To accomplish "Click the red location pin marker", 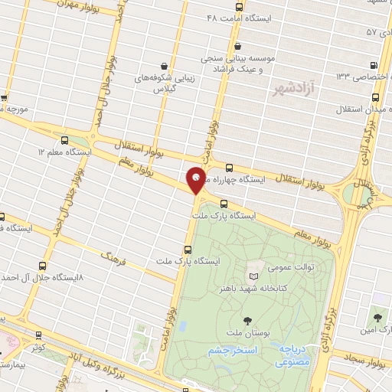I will [x=197, y=181].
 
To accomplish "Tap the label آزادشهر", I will [x=300, y=90].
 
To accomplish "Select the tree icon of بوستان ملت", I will [x=247, y=320].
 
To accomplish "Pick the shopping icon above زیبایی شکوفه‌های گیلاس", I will [x=165, y=66].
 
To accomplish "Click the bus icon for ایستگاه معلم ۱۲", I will [x=64, y=141].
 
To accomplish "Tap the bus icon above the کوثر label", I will [x=38, y=334].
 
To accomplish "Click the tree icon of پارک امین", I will [x=377, y=316].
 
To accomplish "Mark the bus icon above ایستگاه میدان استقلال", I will [x=377, y=97].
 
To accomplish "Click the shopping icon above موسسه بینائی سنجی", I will [x=238, y=45].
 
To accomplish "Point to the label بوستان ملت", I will [x=246, y=335].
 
